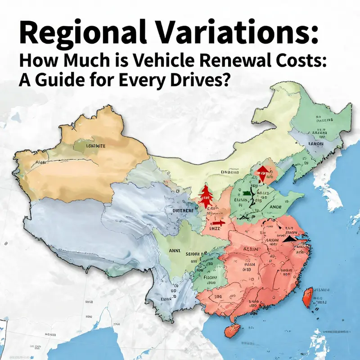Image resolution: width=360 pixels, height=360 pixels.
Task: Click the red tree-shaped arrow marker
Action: [x=206, y=196]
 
